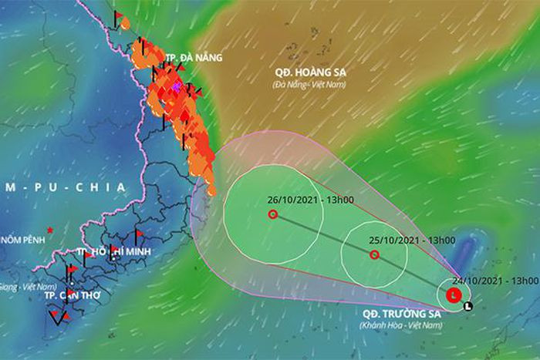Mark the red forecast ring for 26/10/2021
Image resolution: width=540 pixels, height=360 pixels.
tap(272, 214)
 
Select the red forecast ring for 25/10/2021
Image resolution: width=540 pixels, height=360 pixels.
tap(373, 255)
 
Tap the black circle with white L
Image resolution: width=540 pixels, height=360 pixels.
tap(467, 307)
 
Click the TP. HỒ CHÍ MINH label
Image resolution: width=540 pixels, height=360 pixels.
tap(113, 252)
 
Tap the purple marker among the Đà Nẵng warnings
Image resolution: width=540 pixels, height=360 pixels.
tap(177, 88)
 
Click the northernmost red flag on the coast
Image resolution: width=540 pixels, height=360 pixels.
tap(120, 15)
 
